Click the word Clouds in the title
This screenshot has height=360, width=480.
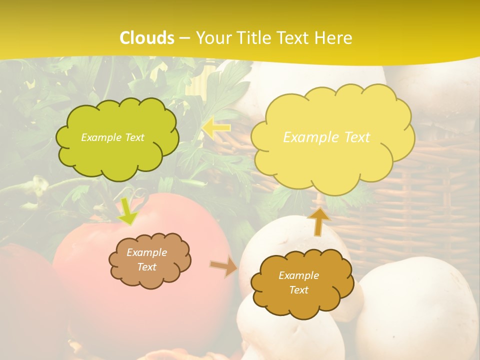(x=147, y=38)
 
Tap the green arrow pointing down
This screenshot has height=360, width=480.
(x=128, y=212)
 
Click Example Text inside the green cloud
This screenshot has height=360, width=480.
(x=112, y=137)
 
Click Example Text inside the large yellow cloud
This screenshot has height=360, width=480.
(x=326, y=137)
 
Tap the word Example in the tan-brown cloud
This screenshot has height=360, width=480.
(x=146, y=252)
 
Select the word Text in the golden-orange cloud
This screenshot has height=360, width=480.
(x=298, y=290)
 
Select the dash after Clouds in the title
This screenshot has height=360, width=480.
(x=184, y=38)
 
